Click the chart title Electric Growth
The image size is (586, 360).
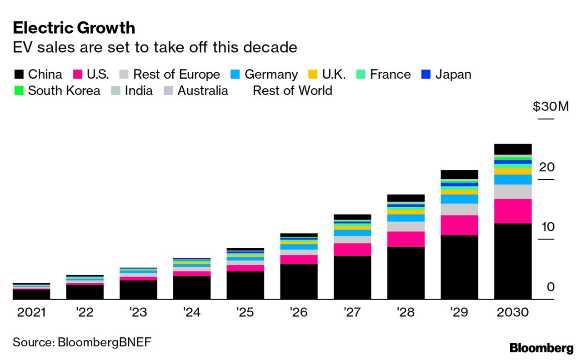(74, 28)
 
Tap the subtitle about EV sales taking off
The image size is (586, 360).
(155, 47)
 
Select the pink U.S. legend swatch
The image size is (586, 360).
(78, 75)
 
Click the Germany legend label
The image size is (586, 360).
(271, 75)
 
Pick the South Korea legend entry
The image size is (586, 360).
(64, 90)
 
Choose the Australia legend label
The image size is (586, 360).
(202, 90)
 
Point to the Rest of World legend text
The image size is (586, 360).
(292, 90)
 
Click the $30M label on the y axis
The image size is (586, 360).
(551, 107)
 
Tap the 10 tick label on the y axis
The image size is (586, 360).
(547, 226)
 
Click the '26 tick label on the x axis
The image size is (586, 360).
(299, 313)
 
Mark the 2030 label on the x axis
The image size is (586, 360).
(513, 313)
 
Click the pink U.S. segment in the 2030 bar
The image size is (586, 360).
(513, 211)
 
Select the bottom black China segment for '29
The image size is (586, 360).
(459, 267)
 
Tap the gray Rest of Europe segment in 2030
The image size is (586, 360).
(513, 191)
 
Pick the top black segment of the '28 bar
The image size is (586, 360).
(406, 198)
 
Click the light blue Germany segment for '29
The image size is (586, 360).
(459, 199)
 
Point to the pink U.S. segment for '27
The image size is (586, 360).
(352, 250)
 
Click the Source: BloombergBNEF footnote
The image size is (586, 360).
(81, 342)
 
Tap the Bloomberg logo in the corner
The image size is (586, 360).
(541, 349)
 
